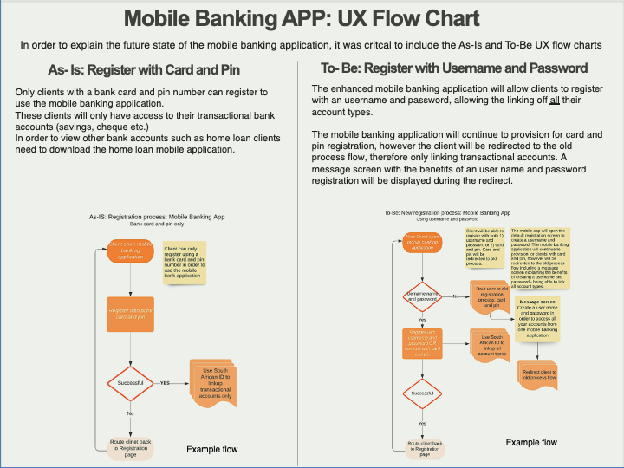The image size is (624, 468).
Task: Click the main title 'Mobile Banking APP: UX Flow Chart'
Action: (x=311, y=18)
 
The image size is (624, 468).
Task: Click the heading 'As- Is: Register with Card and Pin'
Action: (x=145, y=69)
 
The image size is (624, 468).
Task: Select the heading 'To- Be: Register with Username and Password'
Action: (x=454, y=68)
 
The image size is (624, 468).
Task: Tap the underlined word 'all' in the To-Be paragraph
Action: (x=555, y=101)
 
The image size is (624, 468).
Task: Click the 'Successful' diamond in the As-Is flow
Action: (x=130, y=382)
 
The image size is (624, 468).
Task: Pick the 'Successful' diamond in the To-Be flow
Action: (x=423, y=393)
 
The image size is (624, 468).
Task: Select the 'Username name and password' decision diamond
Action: (x=423, y=297)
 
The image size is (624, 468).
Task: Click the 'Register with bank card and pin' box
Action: (x=130, y=313)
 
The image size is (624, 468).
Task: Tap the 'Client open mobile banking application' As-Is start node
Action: (x=130, y=250)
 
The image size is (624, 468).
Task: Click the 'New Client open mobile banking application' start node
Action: (x=423, y=242)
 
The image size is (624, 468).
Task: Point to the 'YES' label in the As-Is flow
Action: (x=165, y=382)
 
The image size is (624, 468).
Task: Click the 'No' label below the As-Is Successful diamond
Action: (x=130, y=413)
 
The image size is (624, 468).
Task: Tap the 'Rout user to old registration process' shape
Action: (x=491, y=297)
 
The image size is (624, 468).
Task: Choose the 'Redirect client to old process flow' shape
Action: (x=539, y=374)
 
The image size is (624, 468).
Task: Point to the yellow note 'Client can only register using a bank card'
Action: (x=183, y=262)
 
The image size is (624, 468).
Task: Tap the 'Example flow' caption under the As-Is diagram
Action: (x=212, y=449)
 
